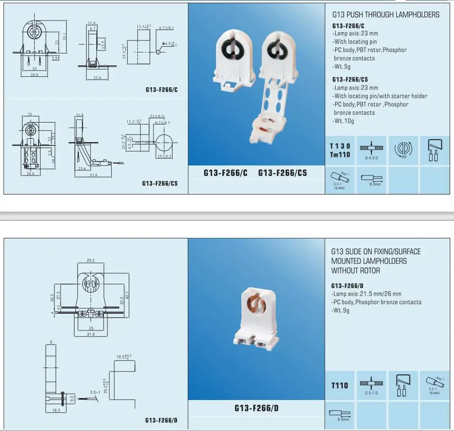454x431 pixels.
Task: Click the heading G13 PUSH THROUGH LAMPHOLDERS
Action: (x=385, y=15)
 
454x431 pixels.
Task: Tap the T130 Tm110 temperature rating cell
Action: (x=340, y=150)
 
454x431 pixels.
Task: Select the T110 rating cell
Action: (x=340, y=385)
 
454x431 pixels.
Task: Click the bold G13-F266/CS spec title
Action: (x=350, y=80)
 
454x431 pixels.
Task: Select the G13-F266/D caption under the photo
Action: (x=256, y=408)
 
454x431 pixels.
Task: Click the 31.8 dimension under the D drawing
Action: (x=90, y=334)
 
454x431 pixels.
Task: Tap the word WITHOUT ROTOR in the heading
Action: (x=356, y=270)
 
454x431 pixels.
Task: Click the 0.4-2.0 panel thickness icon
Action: (x=371, y=150)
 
